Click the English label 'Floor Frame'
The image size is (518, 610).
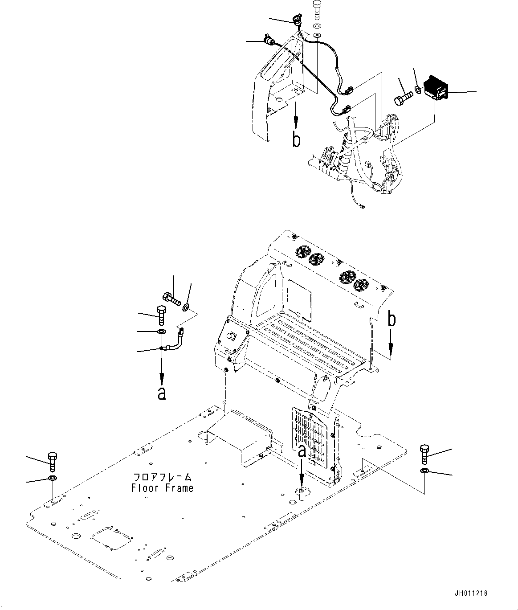162,488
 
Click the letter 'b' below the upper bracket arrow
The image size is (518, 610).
296,139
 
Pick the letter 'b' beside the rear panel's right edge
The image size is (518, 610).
392,319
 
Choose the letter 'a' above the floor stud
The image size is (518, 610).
302,451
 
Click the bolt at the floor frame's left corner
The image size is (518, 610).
53,462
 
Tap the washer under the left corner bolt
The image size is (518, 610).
53,479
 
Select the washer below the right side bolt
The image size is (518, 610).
424,471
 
